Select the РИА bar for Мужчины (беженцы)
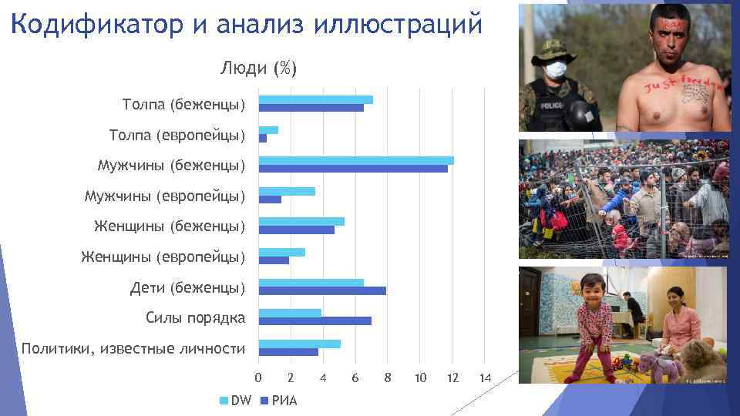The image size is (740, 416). coord(353,169)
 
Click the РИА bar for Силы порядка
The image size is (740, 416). coord(314,321)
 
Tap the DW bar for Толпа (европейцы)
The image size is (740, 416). coord(268,130)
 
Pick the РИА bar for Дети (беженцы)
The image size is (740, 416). coord(322,290)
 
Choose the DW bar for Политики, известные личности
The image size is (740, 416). coord(299,344)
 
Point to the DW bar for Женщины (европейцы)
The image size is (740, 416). coord(281,252)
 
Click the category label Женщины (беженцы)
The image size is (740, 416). coord(170,226)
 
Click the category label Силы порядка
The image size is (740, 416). coord(195,317)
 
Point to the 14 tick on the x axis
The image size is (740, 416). coord(485,377)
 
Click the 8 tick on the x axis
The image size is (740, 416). coord(388,377)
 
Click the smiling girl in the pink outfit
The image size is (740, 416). coord(594,324)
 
